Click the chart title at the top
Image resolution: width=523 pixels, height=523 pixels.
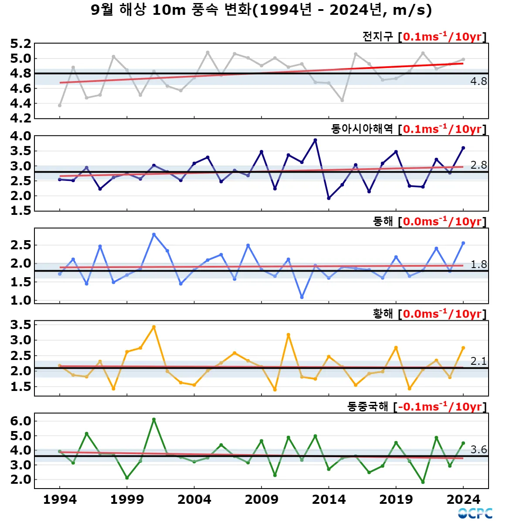pos(261,10)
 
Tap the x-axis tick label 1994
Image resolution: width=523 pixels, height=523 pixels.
pos(60,499)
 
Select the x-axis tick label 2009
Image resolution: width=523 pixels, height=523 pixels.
pos(261,499)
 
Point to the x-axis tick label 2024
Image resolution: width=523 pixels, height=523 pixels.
pos(463,499)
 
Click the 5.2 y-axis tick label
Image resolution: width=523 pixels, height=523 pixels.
pos(21,44)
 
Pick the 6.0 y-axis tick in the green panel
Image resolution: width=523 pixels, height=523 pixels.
pos(21,421)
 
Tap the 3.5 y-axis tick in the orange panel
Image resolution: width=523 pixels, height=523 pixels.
pos(21,325)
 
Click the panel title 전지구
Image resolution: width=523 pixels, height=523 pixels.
pos(377,37)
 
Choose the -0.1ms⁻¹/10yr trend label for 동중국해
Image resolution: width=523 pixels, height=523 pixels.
pos(440,407)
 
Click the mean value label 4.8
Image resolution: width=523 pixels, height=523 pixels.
pos(478,82)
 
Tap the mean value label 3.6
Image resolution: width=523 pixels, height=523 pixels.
pos(478,449)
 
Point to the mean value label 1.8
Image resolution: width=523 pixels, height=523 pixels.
pos(478,265)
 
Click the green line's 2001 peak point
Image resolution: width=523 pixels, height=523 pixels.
pos(154,419)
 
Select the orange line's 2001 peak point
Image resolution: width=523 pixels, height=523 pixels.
pos(154,327)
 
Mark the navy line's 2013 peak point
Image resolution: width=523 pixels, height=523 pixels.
pos(315,140)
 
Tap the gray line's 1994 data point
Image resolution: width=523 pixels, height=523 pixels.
pos(60,105)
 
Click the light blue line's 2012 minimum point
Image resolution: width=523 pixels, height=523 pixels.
pos(302,297)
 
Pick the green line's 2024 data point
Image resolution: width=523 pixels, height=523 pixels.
pos(463,443)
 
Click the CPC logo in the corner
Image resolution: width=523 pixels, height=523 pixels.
pos(475,513)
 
